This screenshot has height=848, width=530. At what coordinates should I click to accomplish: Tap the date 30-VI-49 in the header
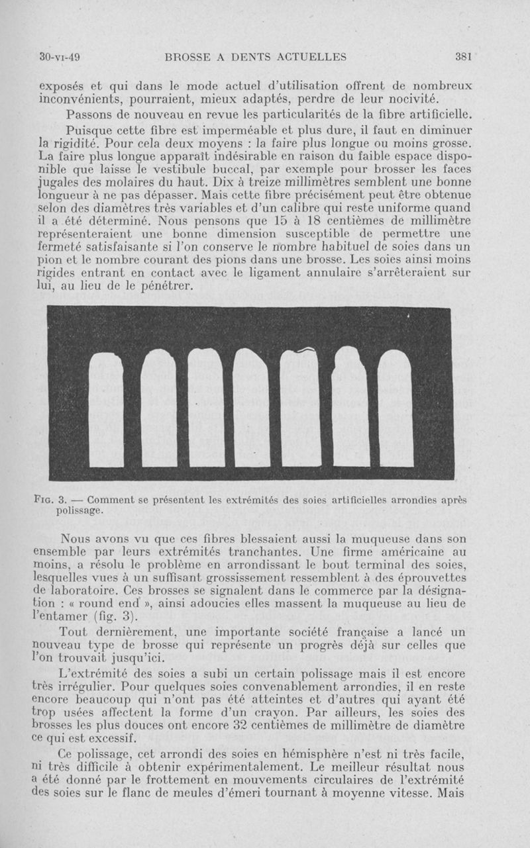pos(60,57)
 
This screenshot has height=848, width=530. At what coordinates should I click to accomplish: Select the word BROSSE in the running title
pos(191,57)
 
